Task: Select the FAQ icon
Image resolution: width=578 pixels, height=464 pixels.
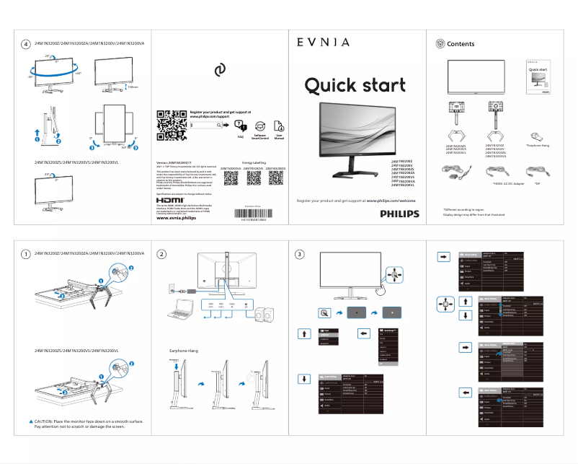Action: pyautogui.click(x=241, y=126)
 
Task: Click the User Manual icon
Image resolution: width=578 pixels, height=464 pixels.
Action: pyautogui.click(x=279, y=126)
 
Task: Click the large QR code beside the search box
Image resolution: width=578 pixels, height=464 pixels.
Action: pyautogui.click(x=171, y=125)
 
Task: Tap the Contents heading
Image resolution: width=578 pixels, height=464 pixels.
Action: pyautogui.click(x=461, y=44)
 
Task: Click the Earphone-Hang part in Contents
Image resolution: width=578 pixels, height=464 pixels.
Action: pyautogui.click(x=535, y=136)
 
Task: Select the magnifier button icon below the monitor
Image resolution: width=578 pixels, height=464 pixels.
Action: pyautogui.click(x=324, y=312)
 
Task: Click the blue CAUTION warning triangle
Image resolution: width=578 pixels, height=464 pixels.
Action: pyautogui.click(x=31, y=420)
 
